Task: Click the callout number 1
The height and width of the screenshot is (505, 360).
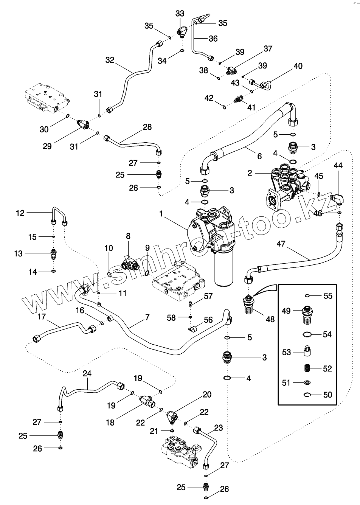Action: pyautogui.click(x=161, y=214)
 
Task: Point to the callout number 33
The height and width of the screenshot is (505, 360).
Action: pyautogui.click(x=180, y=14)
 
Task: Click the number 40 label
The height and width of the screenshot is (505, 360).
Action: pyautogui.click(x=298, y=66)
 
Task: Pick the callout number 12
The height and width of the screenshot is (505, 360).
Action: pyautogui.click(x=20, y=213)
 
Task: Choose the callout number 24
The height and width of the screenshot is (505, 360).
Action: pyautogui.click(x=87, y=373)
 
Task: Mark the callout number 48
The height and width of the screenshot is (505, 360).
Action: pyautogui.click(x=270, y=319)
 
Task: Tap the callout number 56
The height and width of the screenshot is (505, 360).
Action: pyautogui.click(x=208, y=320)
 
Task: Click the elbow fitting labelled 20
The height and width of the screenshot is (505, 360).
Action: pyautogui.click(x=172, y=418)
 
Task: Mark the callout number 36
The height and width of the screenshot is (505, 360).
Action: pyautogui.click(x=213, y=39)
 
